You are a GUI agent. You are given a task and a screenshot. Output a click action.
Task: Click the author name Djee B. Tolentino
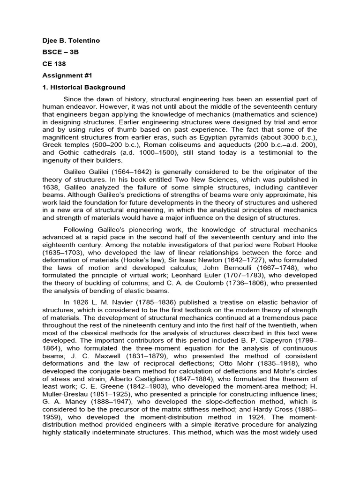(71, 41)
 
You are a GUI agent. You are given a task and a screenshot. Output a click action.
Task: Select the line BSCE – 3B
(60, 52)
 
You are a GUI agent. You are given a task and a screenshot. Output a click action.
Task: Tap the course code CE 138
(54, 64)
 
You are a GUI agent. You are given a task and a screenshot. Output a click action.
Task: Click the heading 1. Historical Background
(84, 87)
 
